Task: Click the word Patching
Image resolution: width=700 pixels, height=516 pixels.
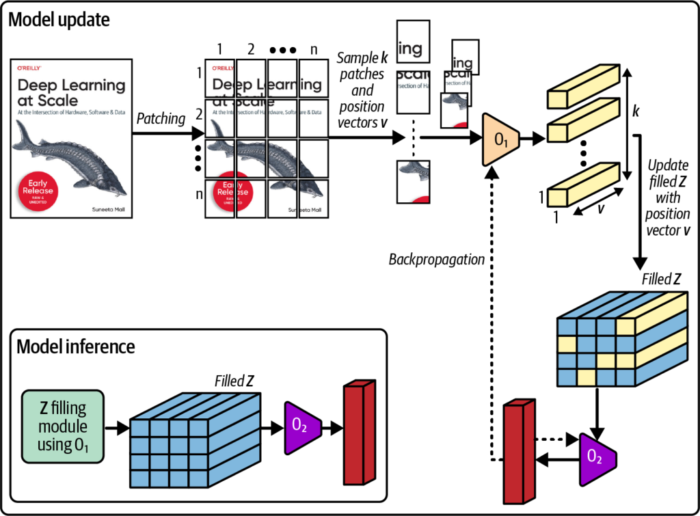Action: tap(162, 118)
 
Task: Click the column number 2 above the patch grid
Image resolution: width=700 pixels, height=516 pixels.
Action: tap(250, 49)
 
